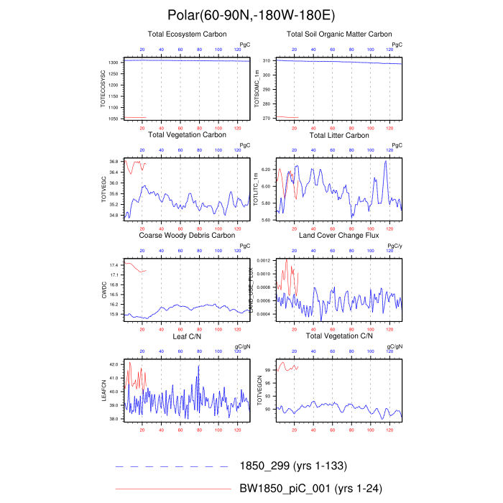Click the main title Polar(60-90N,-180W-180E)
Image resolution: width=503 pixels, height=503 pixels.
[x=251, y=14]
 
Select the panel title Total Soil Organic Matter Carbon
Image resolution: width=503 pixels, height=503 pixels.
[x=339, y=34]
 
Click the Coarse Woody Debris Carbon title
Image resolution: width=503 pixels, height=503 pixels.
[x=187, y=235]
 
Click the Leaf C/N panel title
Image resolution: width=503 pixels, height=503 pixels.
[x=187, y=336]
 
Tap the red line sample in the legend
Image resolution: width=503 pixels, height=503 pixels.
[x=172, y=488]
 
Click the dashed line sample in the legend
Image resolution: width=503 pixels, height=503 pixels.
[x=172, y=467]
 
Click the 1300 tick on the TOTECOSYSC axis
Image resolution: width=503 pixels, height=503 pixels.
[x=114, y=63]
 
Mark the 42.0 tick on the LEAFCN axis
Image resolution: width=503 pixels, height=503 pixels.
[x=115, y=365]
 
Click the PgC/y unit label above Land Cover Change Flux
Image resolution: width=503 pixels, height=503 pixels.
[x=394, y=246]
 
